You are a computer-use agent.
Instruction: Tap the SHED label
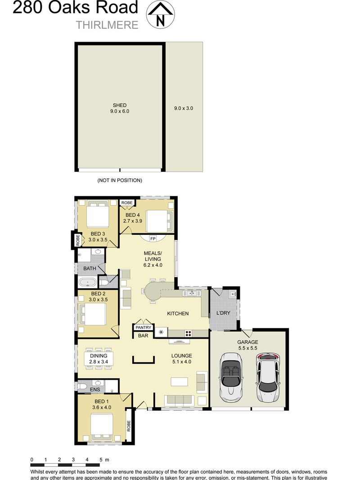120,105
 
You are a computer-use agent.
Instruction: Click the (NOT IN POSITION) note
120,180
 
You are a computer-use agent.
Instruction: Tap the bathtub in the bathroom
87,283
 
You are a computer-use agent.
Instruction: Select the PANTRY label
144,328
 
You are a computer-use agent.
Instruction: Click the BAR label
143,336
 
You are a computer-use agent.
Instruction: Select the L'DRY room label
224,312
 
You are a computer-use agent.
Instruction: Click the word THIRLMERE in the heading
107,25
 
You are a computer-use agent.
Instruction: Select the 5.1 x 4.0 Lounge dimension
182,362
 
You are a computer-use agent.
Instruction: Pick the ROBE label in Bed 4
126,203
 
